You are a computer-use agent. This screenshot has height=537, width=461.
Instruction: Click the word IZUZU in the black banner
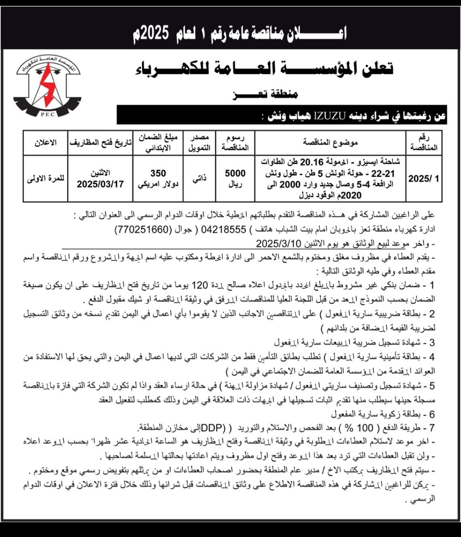point(329,116)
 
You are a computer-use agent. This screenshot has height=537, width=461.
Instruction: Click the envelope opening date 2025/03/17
point(100,184)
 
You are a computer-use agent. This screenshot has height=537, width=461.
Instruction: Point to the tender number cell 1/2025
point(423,179)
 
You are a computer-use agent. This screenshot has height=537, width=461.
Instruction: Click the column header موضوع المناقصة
point(330,142)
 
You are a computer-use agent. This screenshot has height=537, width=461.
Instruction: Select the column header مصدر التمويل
point(198,143)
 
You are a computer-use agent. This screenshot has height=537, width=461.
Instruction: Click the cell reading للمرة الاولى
point(46,178)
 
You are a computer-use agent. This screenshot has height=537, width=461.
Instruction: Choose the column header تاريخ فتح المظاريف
point(100,142)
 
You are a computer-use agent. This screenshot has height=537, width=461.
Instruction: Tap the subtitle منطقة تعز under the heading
point(265,94)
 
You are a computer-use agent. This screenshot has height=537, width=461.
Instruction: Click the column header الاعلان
point(45,142)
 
